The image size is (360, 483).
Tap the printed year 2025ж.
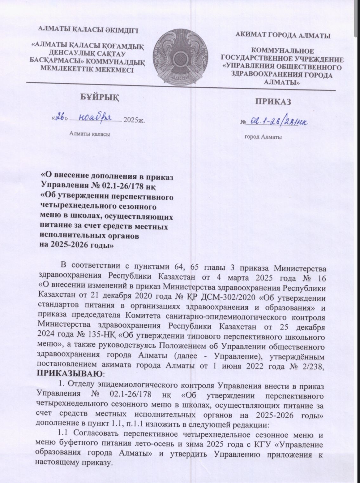click(134, 120)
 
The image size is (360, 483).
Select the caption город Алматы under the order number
click(263, 137)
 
